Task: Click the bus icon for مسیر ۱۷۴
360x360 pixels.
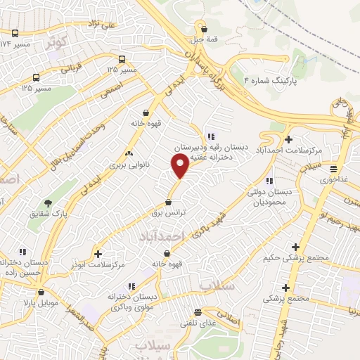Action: [x=15, y=33]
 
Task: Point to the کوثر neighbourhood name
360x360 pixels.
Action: [x=59, y=42]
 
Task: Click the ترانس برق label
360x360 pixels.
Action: [x=168, y=212]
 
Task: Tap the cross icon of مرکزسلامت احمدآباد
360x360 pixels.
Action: [x=288, y=139]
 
